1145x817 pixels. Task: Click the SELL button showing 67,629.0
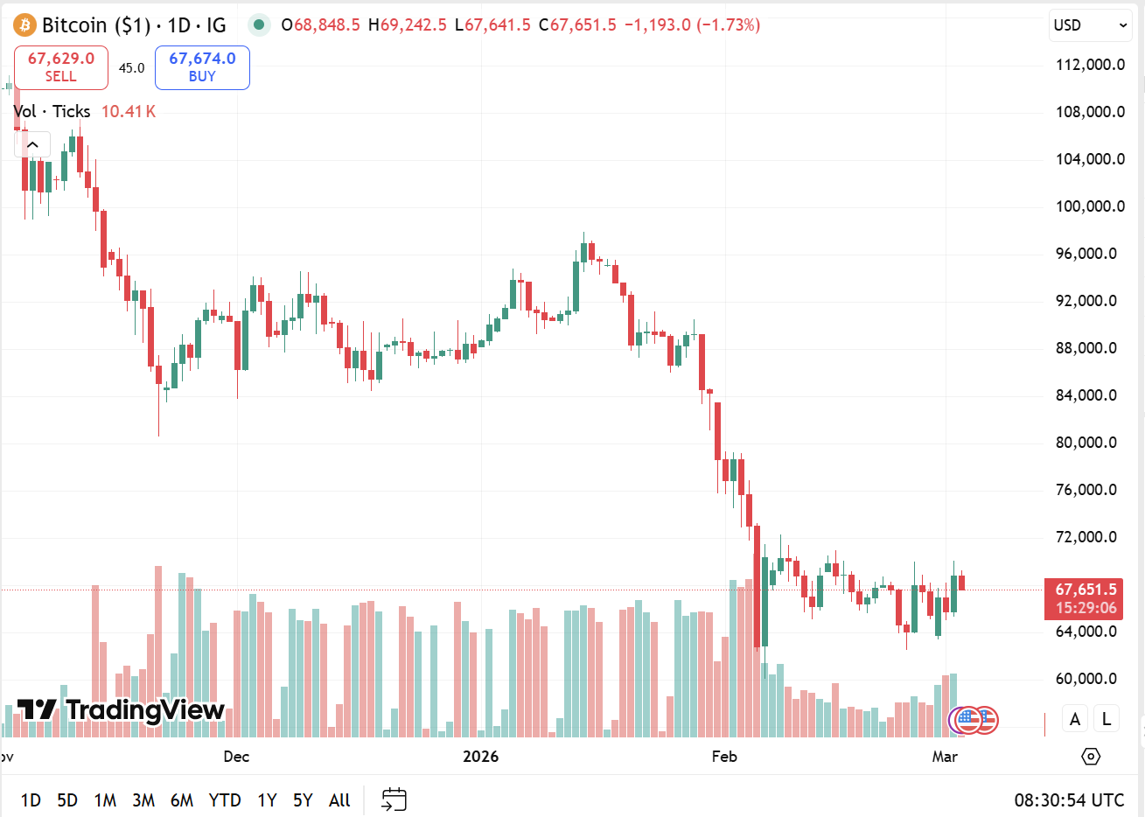point(61,67)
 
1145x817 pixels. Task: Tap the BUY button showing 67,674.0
point(202,67)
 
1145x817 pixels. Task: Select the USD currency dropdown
point(1090,25)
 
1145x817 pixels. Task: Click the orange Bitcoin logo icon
point(24,24)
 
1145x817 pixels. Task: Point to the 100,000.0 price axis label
point(1090,206)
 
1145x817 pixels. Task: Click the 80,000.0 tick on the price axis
point(1090,443)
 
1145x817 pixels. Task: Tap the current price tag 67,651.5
point(1084,590)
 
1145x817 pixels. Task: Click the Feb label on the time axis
point(724,757)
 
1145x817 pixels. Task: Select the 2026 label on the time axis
point(480,757)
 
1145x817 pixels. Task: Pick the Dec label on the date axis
point(236,757)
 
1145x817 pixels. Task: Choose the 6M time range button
point(182,800)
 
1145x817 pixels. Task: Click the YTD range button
point(225,800)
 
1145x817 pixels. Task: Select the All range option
point(339,800)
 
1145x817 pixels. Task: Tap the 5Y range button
point(303,800)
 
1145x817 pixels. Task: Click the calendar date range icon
point(394,800)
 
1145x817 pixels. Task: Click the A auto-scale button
point(1075,719)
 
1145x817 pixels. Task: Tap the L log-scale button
point(1107,719)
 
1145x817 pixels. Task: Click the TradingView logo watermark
point(121,709)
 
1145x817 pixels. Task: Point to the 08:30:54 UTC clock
point(1069,800)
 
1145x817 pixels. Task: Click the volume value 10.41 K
point(128,111)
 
